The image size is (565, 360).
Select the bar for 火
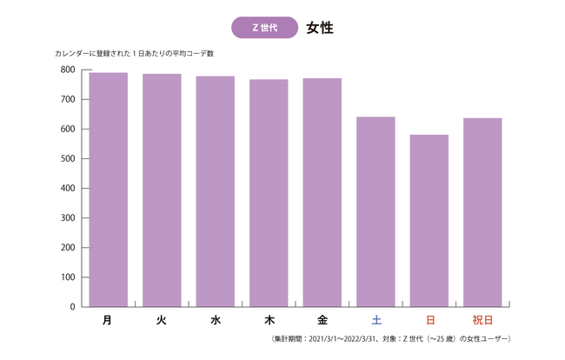[162, 190]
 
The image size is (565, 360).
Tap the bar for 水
[215, 191]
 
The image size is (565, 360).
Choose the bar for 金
[322, 192]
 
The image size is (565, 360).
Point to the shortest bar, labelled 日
[429, 221]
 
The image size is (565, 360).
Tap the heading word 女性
[320, 28]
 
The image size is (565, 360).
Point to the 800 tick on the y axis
[67, 70]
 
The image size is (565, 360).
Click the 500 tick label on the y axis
[67, 158]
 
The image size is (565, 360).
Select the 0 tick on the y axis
[73, 307]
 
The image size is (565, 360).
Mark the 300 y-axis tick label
[67, 218]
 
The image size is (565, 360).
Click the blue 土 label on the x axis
[376, 320]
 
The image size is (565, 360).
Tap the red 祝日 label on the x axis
[482, 320]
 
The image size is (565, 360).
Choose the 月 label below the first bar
[108, 320]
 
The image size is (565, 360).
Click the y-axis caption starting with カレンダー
[134, 54]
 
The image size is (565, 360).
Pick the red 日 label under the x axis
[429, 320]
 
